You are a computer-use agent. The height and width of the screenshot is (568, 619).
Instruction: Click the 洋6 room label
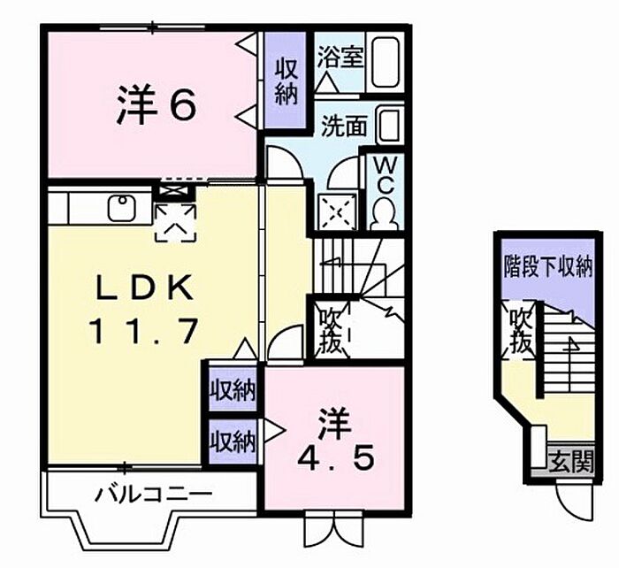157,105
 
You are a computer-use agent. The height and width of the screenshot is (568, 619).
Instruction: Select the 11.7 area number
143,332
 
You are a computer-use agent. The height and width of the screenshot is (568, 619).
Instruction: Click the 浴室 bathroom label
340,58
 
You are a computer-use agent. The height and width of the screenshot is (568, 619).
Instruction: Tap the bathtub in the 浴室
386,63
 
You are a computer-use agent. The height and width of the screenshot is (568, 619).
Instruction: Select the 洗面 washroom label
343,126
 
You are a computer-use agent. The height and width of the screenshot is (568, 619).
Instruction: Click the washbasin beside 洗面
390,126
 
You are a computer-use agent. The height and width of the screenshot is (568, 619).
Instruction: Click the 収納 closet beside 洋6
286,81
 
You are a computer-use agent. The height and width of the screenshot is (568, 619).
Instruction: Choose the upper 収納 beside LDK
233,390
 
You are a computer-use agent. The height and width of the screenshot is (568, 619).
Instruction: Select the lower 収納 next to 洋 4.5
233,440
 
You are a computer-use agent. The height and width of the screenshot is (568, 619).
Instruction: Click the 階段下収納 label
548,266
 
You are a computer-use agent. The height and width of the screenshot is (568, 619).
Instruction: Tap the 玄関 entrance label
571,461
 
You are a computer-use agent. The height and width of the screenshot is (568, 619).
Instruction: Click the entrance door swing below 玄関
574,501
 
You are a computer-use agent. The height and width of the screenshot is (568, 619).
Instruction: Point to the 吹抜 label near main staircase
330,331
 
